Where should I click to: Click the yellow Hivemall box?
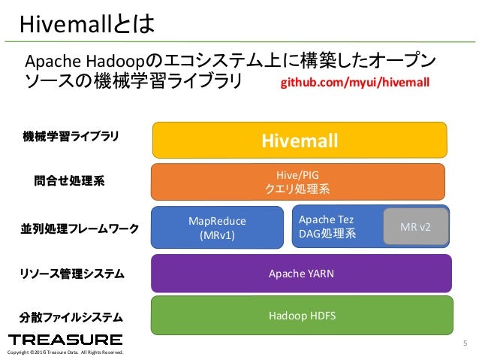pyautogui.click(x=300, y=141)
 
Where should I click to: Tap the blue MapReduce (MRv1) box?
pyautogui.click(x=217, y=228)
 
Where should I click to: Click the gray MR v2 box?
pyautogui.click(x=415, y=226)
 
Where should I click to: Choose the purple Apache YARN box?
pyautogui.click(x=301, y=274)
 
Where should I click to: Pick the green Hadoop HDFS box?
pyautogui.click(x=301, y=316)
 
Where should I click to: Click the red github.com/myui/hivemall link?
pyautogui.click(x=355, y=80)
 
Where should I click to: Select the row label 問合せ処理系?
pyautogui.click(x=69, y=180)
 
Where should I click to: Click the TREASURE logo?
pyautogui.click(x=65, y=340)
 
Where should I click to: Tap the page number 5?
pyautogui.click(x=465, y=344)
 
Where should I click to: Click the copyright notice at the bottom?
pyautogui.click(x=64, y=353)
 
